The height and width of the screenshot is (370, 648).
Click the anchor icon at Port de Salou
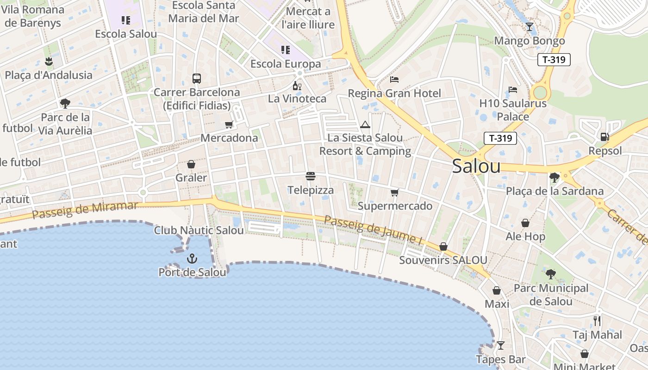pos(192,259)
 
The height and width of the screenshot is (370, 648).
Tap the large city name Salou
pos(476,166)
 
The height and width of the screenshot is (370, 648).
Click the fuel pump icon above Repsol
pos(604,137)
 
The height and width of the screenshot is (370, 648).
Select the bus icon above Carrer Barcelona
pos(197,79)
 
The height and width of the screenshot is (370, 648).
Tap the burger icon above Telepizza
pos(311,176)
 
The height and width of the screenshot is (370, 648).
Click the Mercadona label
pos(229,138)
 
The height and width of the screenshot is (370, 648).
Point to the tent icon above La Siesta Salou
pos(365,124)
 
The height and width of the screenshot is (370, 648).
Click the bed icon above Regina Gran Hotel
pos(394,80)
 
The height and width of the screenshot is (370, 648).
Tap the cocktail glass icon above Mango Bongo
pos(530,27)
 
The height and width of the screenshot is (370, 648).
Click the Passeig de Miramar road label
pos(85,210)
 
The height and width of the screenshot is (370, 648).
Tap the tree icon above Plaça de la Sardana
pos(554,177)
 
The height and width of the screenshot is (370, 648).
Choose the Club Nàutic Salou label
pos(199,230)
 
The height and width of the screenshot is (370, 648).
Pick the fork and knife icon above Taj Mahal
pos(597,321)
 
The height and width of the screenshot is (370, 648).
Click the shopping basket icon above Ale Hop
pos(525,223)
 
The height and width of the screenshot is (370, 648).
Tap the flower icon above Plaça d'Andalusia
pos(49,61)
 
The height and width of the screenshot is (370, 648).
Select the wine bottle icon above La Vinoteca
pos(297,86)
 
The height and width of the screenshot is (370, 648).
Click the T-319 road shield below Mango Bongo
pos(554,59)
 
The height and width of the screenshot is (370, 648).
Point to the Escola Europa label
pos(286,64)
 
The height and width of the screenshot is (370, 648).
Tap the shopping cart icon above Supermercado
pos(394,192)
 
